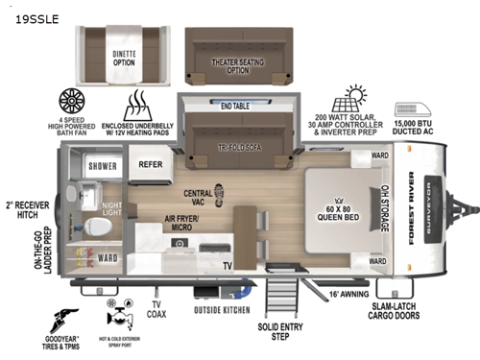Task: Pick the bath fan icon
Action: [73, 101]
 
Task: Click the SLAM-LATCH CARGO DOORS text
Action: [420, 309]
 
